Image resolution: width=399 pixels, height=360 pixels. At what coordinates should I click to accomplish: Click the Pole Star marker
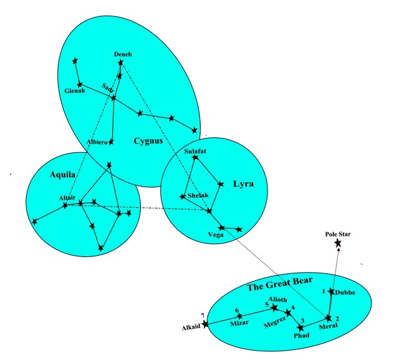pyautogui.click(x=337, y=243)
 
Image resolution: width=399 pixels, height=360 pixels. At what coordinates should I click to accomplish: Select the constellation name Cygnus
pyautogui.click(x=148, y=140)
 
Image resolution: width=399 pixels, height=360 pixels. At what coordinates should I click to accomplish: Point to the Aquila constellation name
pyautogui.click(x=62, y=176)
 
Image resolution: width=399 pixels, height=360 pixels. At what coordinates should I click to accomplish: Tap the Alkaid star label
pyautogui.click(x=191, y=327)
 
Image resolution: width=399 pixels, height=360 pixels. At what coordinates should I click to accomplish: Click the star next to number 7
pyautogui.click(x=206, y=323)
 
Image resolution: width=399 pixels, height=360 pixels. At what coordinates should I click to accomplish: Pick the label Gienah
pyautogui.click(x=74, y=92)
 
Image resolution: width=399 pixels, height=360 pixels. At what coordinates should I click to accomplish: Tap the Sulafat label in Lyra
pyautogui.click(x=195, y=152)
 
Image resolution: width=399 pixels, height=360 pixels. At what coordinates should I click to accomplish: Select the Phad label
pyautogui.click(x=301, y=335)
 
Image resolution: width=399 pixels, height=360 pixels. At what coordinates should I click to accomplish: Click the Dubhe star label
pyautogui.click(x=344, y=292)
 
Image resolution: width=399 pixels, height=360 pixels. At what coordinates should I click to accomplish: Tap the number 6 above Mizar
pyautogui.click(x=237, y=311)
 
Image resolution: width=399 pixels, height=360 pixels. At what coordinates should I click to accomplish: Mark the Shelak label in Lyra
pyautogui.click(x=197, y=197)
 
